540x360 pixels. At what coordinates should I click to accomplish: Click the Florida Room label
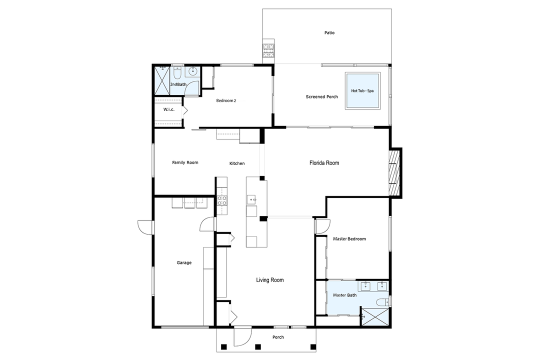pos(324,163)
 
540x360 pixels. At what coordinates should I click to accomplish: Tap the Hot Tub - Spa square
pos(362,90)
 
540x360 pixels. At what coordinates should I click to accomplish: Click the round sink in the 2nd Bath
pos(193,72)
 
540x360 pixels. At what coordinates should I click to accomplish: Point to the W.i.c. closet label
pos(168,109)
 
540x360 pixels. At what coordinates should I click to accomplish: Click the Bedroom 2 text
pos(225,100)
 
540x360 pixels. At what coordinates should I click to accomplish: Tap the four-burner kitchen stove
pos(221,200)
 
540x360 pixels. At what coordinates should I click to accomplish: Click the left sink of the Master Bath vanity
pos(364,286)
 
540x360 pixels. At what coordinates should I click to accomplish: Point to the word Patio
pos(328,33)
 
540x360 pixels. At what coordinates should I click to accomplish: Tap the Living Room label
pos(270,280)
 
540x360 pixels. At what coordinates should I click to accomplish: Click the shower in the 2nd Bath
pos(162,80)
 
